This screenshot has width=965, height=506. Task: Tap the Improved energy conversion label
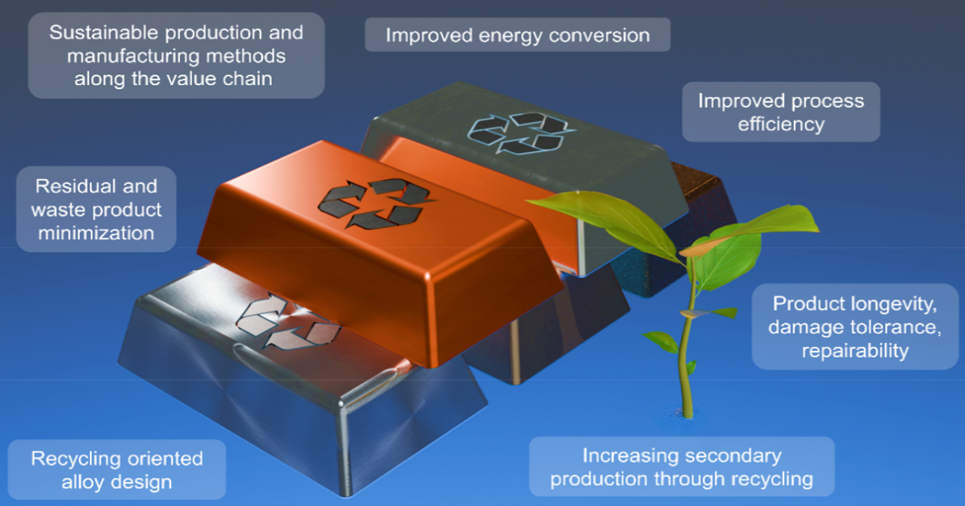(x=517, y=35)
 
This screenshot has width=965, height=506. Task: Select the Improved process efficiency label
(x=781, y=112)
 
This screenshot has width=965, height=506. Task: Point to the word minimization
(x=96, y=233)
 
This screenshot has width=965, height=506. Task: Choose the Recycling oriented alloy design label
(x=117, y=469)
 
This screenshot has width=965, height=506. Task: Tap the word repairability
(x=855, y=351)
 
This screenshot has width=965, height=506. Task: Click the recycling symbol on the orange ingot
(x=375, y=203)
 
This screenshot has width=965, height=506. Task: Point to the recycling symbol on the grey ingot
(x=520, y=133)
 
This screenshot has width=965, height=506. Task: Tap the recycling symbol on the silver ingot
(x=288, y=321)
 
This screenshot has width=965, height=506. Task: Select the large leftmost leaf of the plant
(x=603, y=219)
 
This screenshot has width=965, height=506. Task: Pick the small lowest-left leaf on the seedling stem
(x=661, y=341)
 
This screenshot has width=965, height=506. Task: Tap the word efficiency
(x=781, y=124)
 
